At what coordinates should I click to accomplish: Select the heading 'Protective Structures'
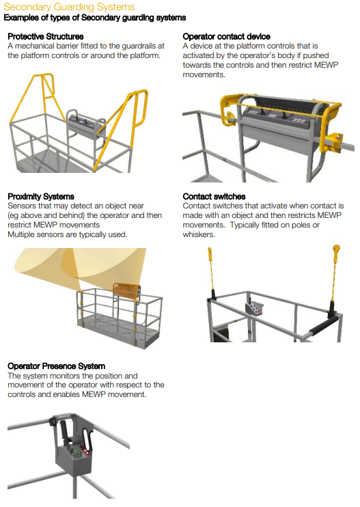coord(46,36)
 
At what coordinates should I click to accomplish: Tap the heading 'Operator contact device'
coord(226,36)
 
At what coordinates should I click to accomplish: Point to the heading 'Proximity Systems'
coord(40,197)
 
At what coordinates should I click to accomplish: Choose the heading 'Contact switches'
coord(214,197)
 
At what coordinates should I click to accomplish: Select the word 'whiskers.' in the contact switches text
coord(199,234)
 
